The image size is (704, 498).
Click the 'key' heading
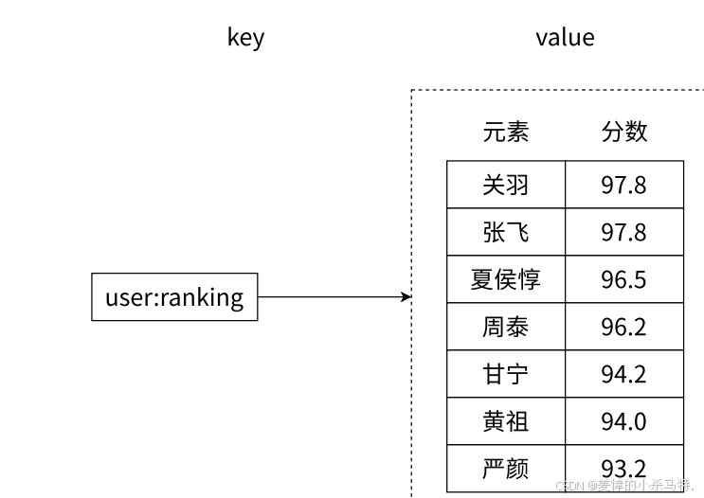click(245, 38)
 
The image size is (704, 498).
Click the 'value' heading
click(565, 38)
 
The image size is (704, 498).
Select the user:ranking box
click(174, 297)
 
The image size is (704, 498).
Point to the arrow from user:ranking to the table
click(334, 297)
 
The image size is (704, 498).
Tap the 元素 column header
click(506, 132)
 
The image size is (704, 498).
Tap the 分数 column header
click(624, 132)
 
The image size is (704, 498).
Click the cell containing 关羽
click(506, 185)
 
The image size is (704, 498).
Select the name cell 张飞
click(506, 232)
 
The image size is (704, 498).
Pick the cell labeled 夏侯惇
click(506, 279)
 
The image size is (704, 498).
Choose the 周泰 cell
click(506, 327)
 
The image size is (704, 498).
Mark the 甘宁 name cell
click(506, 374)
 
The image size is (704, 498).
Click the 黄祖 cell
click(506, 421)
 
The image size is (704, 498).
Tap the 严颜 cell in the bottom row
click(506, 469)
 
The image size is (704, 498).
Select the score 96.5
click(623, 279)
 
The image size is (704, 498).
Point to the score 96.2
click(623, 327)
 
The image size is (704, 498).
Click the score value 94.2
click(623, 374)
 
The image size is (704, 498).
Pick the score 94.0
click(623, 421)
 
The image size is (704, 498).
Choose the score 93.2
click(623, 469)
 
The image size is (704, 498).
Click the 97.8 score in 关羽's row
click(623, 185)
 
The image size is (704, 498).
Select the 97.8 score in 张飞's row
click(623, 232)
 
